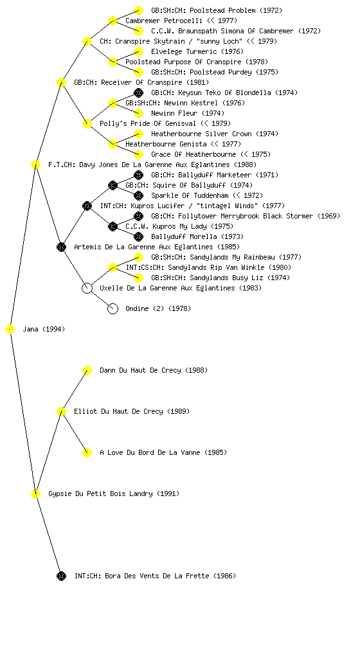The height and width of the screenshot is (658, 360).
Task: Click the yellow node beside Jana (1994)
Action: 10,330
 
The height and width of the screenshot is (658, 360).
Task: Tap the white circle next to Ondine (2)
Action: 113,309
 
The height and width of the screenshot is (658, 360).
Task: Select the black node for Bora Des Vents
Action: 61,576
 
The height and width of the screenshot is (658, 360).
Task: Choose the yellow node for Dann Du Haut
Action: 87,370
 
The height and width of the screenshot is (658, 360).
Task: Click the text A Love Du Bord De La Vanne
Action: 150,452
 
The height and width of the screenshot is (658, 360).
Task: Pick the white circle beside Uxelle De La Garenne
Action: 87,289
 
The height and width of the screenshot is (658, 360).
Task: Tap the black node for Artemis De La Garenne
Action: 61,247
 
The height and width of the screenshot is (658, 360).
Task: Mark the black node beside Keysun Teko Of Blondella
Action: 138,93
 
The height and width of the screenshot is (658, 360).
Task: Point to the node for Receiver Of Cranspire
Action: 61,82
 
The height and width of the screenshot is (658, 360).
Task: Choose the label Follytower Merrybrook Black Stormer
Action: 246,216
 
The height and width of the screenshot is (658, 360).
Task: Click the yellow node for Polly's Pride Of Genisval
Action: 87,123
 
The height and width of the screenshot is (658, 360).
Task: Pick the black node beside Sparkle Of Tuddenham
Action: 138,195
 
